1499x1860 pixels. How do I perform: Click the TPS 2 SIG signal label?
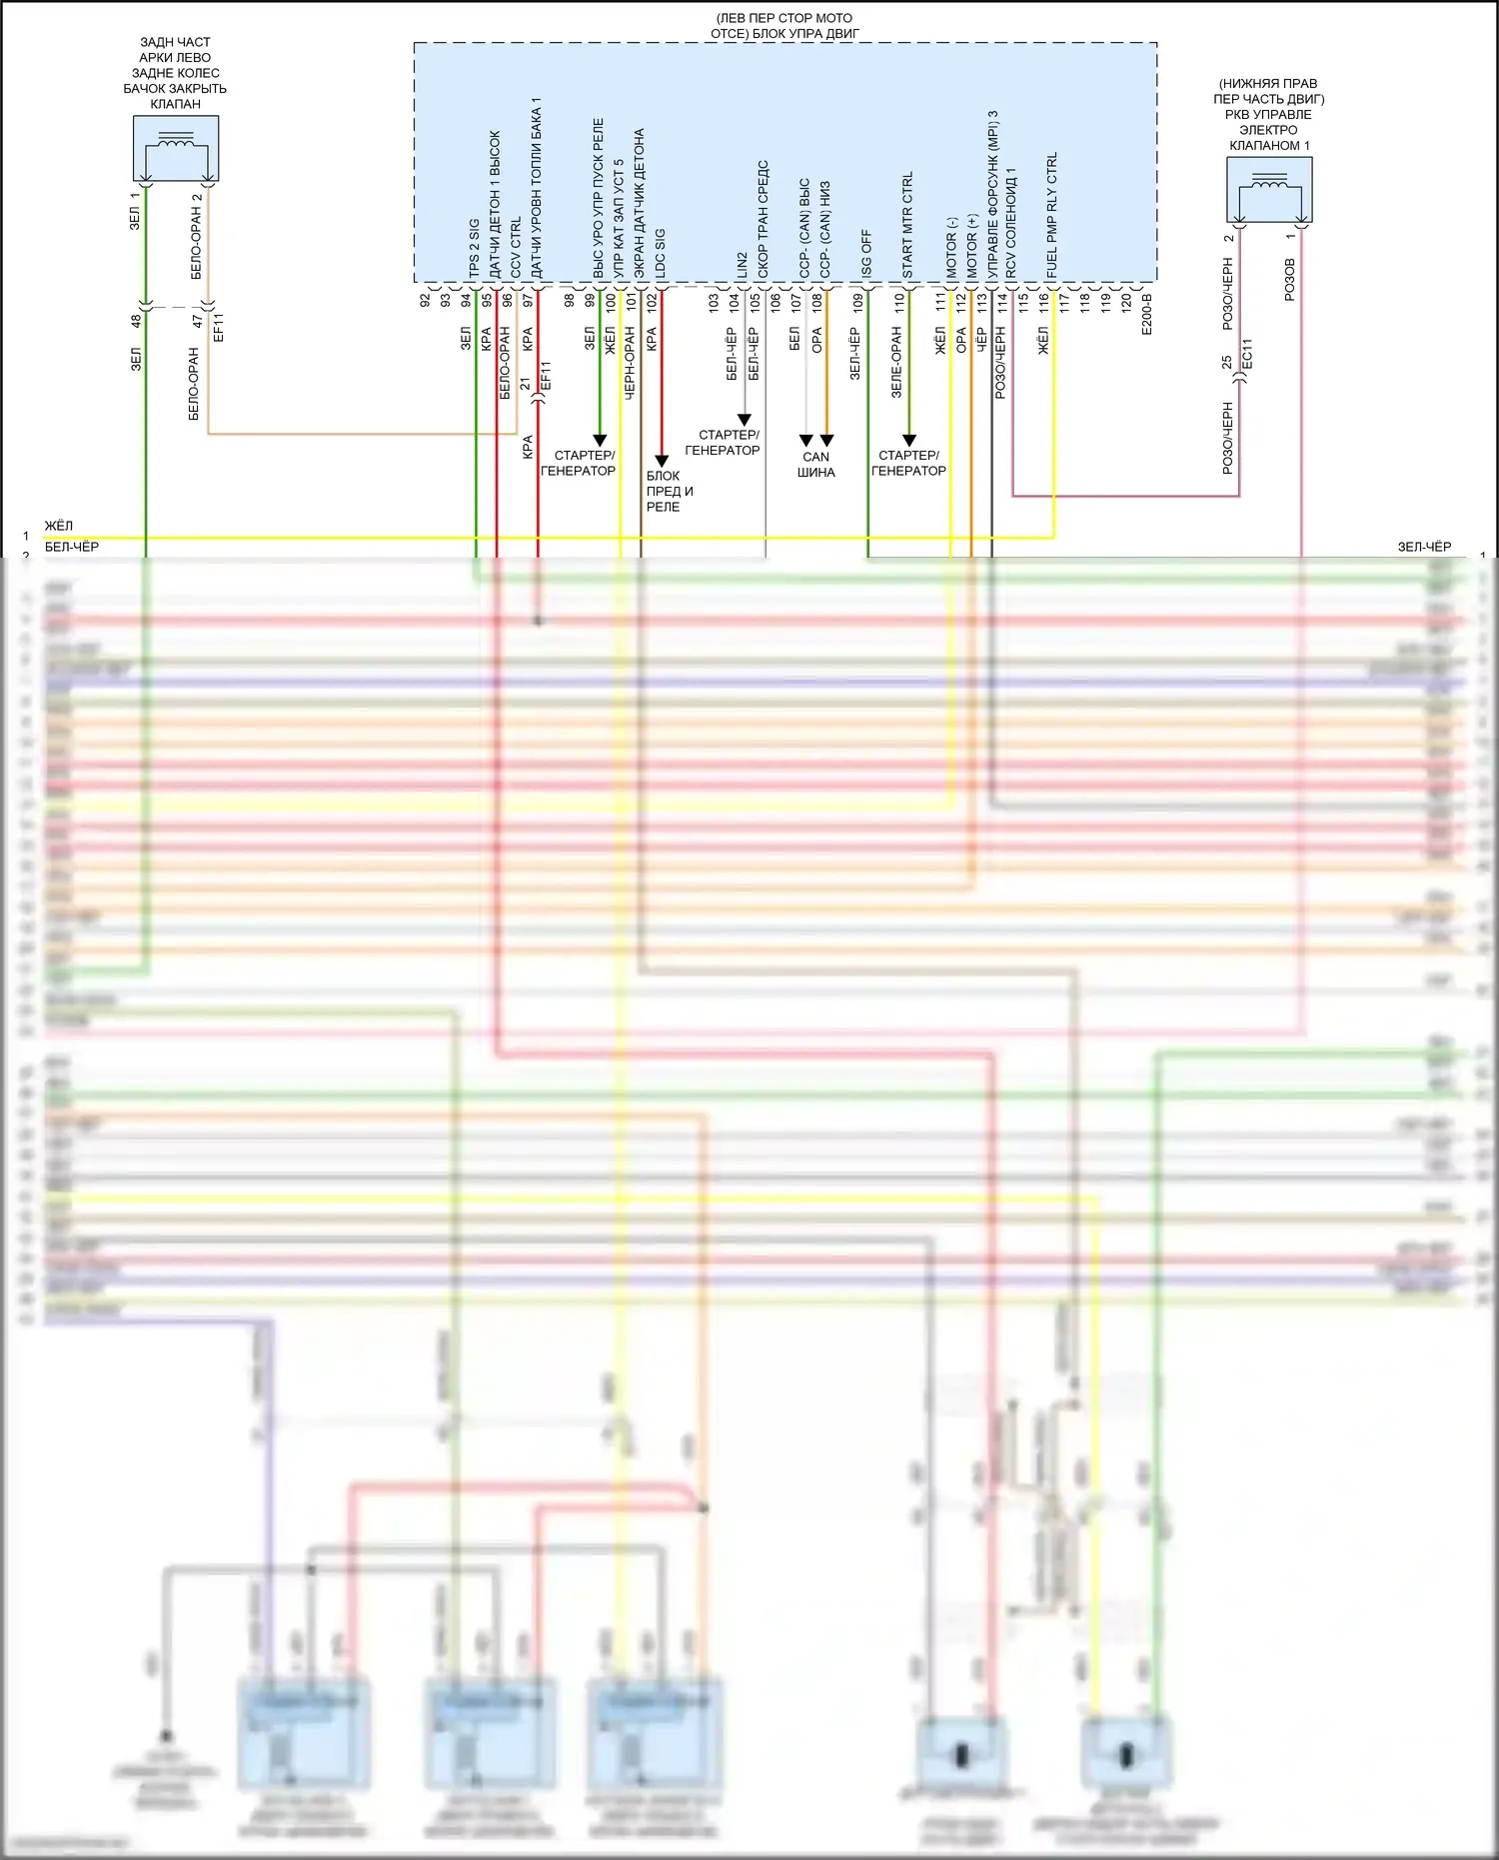point(474,249)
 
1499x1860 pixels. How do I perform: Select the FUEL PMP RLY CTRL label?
point(1052,216)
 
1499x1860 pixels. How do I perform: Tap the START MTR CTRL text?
point(907,225)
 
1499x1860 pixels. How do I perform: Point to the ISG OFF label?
point(866,255)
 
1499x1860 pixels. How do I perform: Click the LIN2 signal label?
point(742,265)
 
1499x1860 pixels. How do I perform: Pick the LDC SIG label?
point(660,254)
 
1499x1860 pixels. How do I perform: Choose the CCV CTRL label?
point(516,248)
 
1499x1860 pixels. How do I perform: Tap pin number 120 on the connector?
point(1126,301)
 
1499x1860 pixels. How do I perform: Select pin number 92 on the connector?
point(425,300)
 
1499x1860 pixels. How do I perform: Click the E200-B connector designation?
point(1146,313)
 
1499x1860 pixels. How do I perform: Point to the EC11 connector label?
point(1246,355)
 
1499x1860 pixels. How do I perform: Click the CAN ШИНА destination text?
point(815,465)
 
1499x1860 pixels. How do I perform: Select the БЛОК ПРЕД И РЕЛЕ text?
point(669,491)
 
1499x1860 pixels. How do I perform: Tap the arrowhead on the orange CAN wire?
point(826,441)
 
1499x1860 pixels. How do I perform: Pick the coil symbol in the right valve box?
point(1269,183)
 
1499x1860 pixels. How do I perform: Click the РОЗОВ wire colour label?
point(1289,280)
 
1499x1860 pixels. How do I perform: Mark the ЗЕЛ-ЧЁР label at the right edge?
point(1424,547)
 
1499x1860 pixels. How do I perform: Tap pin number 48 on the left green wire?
point(136,321)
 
